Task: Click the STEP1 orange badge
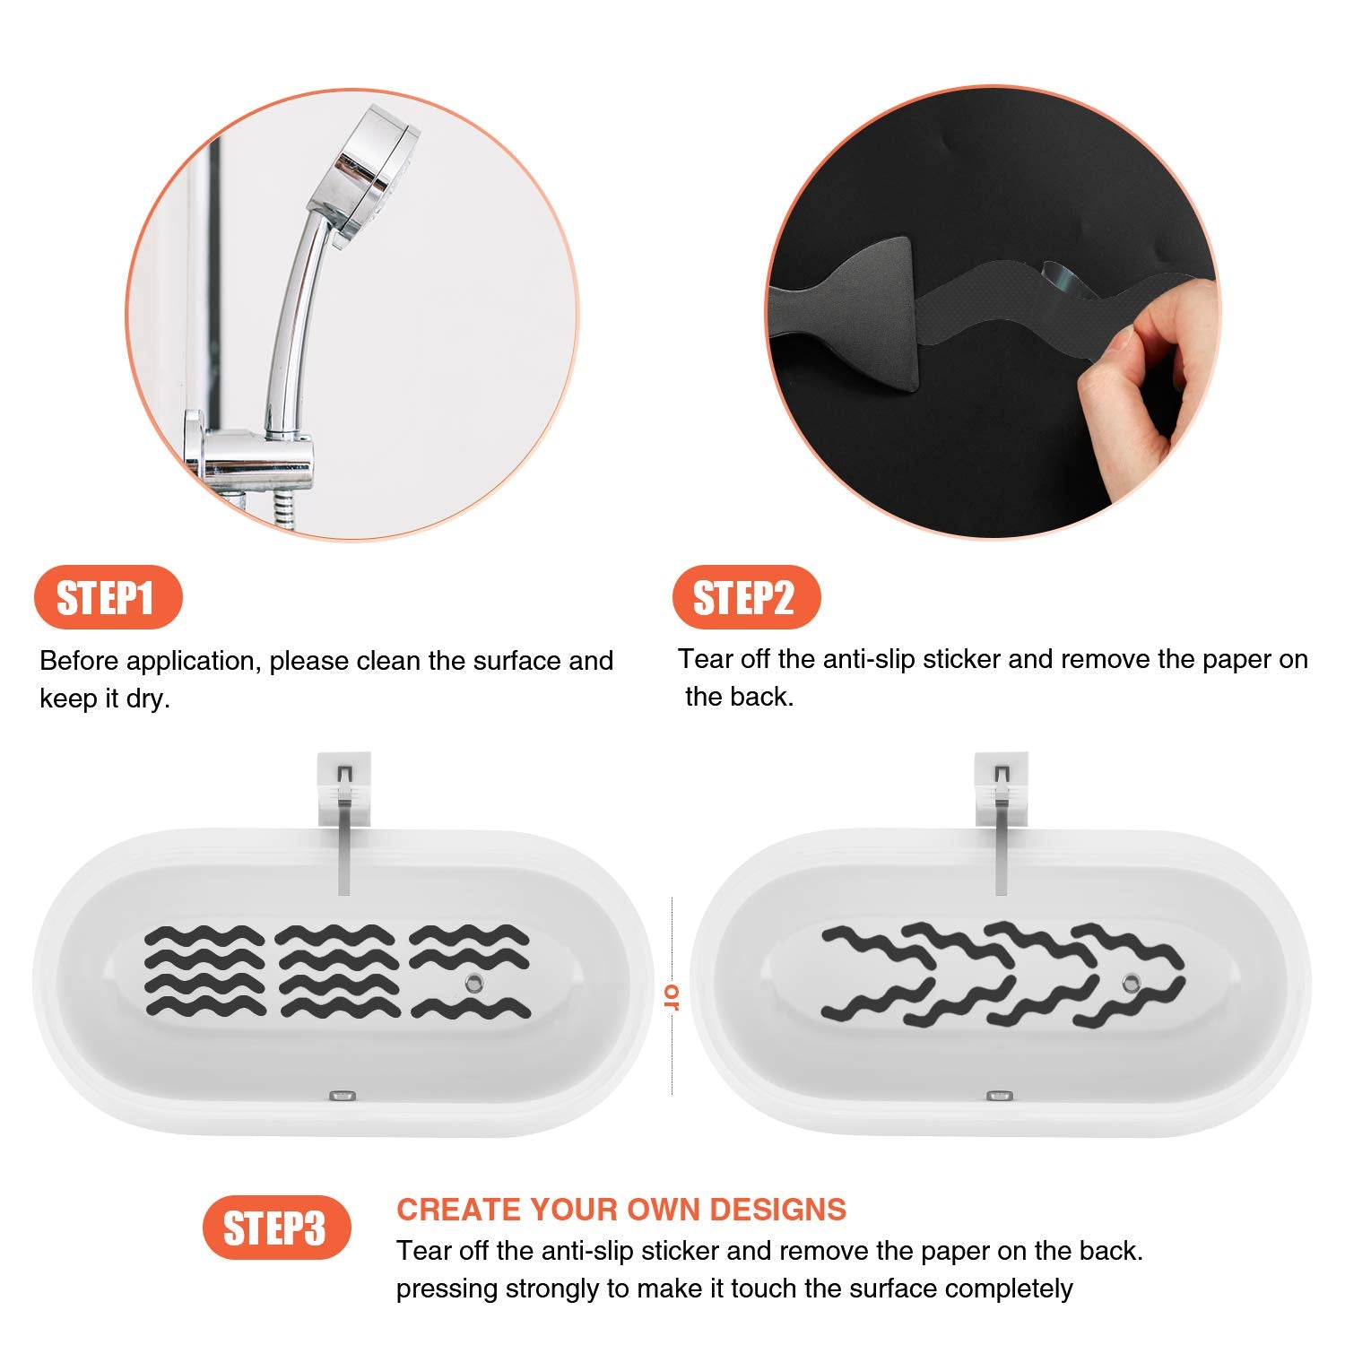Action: coord(107,597)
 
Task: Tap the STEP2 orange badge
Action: coord(745,597)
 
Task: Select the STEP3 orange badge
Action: coord(275,1228)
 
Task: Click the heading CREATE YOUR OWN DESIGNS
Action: coord(621,1210)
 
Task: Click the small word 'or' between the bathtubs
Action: coord(671,996)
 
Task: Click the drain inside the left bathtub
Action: coord(473,984)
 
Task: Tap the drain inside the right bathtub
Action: coord(1132,983)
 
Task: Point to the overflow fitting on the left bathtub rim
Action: coord(343,1096)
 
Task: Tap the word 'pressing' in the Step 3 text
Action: coord(447,1289)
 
